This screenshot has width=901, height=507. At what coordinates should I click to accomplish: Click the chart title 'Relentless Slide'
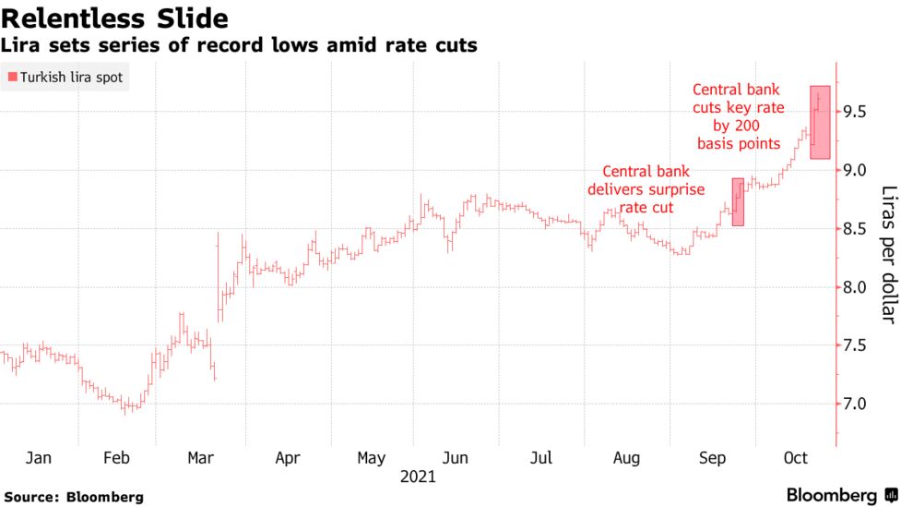115,18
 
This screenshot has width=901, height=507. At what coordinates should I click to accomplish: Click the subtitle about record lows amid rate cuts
239,45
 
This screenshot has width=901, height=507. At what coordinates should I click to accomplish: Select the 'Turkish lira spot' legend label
71,78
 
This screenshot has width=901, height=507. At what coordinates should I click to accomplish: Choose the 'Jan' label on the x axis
39,458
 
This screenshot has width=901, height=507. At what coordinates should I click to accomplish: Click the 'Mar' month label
202,458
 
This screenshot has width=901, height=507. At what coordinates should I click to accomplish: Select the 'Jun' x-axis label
456,458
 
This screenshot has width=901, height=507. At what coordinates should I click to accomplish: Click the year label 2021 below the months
418,477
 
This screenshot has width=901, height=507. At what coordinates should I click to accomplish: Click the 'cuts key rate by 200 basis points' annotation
738,116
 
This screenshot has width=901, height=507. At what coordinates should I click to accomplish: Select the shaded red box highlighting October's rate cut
821,123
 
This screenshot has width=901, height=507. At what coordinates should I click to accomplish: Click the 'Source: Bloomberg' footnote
73,497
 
